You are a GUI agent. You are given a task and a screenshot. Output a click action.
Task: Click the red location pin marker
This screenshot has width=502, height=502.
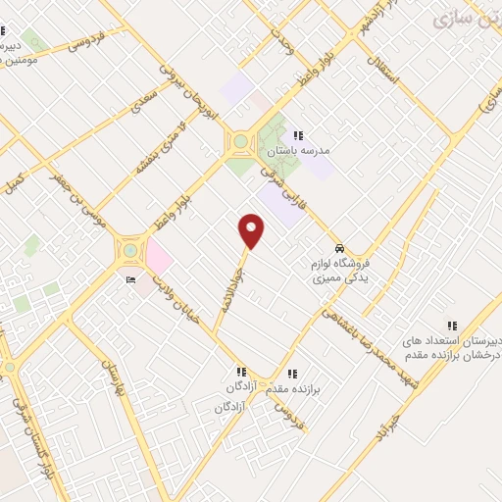pyautogui.click(x=252, y=230)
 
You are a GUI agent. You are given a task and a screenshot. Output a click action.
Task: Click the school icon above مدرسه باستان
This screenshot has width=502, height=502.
pyautogui.click(x=299, y=135)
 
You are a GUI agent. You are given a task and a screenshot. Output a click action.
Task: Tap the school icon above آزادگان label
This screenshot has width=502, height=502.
pyautogui.click(x=239, y=373)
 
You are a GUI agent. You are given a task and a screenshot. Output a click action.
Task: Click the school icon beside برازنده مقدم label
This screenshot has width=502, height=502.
pyautogui.click(x=292, y=375)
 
